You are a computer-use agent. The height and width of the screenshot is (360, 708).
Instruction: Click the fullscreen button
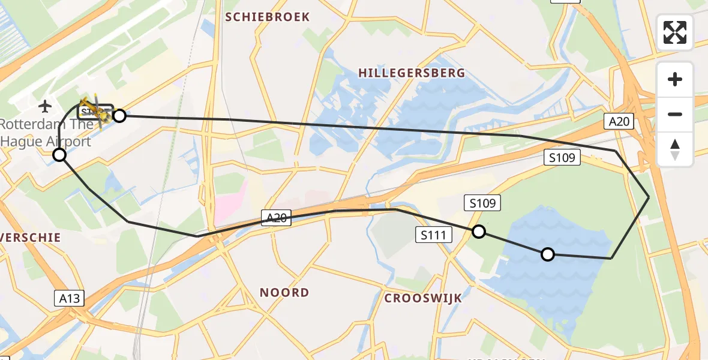675,32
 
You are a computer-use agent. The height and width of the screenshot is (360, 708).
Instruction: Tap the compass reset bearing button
675,149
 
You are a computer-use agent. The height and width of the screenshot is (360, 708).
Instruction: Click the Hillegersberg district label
411,73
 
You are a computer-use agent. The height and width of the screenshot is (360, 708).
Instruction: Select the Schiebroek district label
268,17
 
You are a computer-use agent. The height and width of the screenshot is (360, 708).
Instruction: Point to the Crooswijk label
423,298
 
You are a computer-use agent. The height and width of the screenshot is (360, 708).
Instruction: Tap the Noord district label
284,293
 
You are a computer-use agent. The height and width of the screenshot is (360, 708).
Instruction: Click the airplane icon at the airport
45,107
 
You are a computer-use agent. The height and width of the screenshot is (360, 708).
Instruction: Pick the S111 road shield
433,235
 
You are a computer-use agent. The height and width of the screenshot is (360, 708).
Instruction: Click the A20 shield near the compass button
619,122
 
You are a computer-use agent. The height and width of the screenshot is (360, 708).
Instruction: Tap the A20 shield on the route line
276,218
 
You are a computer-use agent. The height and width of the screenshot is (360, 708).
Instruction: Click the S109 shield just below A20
562,158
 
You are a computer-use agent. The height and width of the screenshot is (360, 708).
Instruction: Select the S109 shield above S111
482,203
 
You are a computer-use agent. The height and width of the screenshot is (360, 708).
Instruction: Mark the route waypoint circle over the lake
548,254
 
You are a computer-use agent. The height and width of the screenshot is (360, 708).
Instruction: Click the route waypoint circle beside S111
478,232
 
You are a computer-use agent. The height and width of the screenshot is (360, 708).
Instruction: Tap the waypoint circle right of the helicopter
119,116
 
